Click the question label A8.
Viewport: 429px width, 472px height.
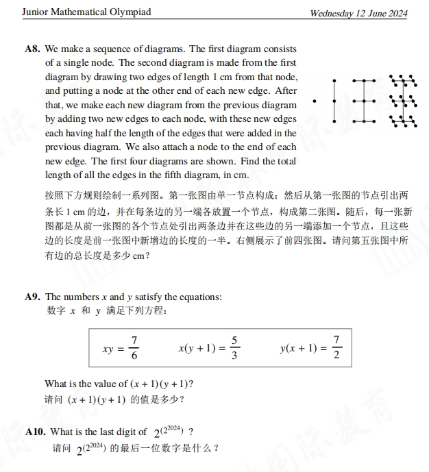click(x=32, y=49)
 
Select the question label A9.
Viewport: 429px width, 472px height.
click(x=32, y=297)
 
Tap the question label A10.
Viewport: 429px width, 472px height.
click(x=35, y=432)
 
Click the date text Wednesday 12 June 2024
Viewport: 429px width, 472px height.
click(x=358, y=13)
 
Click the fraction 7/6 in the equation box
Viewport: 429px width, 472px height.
click(x=134, y=348)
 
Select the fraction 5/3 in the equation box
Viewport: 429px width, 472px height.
click(x=234, y=348)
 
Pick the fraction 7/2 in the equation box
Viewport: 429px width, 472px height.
click(x=336, y=348)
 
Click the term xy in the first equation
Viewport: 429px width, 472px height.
click(x=108, y=349)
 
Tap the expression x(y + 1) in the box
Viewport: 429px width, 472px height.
click(x=197, y=348)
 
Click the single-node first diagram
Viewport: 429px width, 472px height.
click(x=315, y=101)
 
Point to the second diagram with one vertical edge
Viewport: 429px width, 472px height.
click(x=334, y=101)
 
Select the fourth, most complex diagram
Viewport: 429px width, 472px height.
click(x=402, y=101)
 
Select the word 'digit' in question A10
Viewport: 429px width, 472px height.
click(x=121, y=432)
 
